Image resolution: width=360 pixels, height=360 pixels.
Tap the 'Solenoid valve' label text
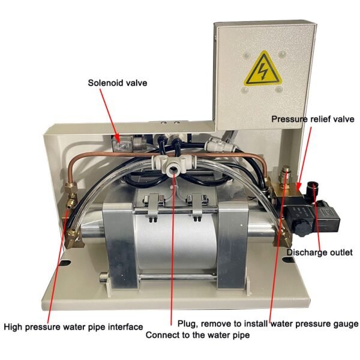pos(118,83)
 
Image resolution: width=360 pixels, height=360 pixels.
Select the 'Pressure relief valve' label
pos(313,119)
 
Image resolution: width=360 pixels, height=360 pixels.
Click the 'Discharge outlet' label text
pos(320,253)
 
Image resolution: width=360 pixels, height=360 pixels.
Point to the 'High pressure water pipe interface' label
pos(73,327)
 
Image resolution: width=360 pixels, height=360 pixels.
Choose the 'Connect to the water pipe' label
pos(197,335)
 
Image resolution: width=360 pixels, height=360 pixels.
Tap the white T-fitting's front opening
pos(172,170)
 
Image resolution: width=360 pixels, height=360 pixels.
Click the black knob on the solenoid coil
pos(301,229)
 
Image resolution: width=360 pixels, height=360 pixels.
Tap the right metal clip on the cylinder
pos(196,205)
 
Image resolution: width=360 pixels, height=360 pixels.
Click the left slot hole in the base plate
pos(65,262)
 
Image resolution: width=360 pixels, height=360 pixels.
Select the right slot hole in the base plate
pos(289,260)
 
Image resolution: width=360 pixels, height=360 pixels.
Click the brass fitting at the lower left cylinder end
pos(73,239)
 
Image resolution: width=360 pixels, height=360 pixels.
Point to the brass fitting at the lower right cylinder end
pos(283,238)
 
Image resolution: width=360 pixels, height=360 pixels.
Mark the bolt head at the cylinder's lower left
pos(104,276)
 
